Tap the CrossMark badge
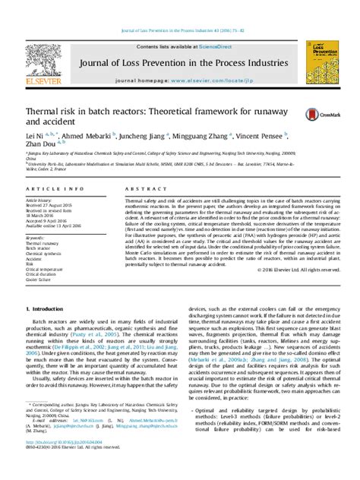click(x=314, y=114)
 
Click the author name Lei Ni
click(x=35, y=137)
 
